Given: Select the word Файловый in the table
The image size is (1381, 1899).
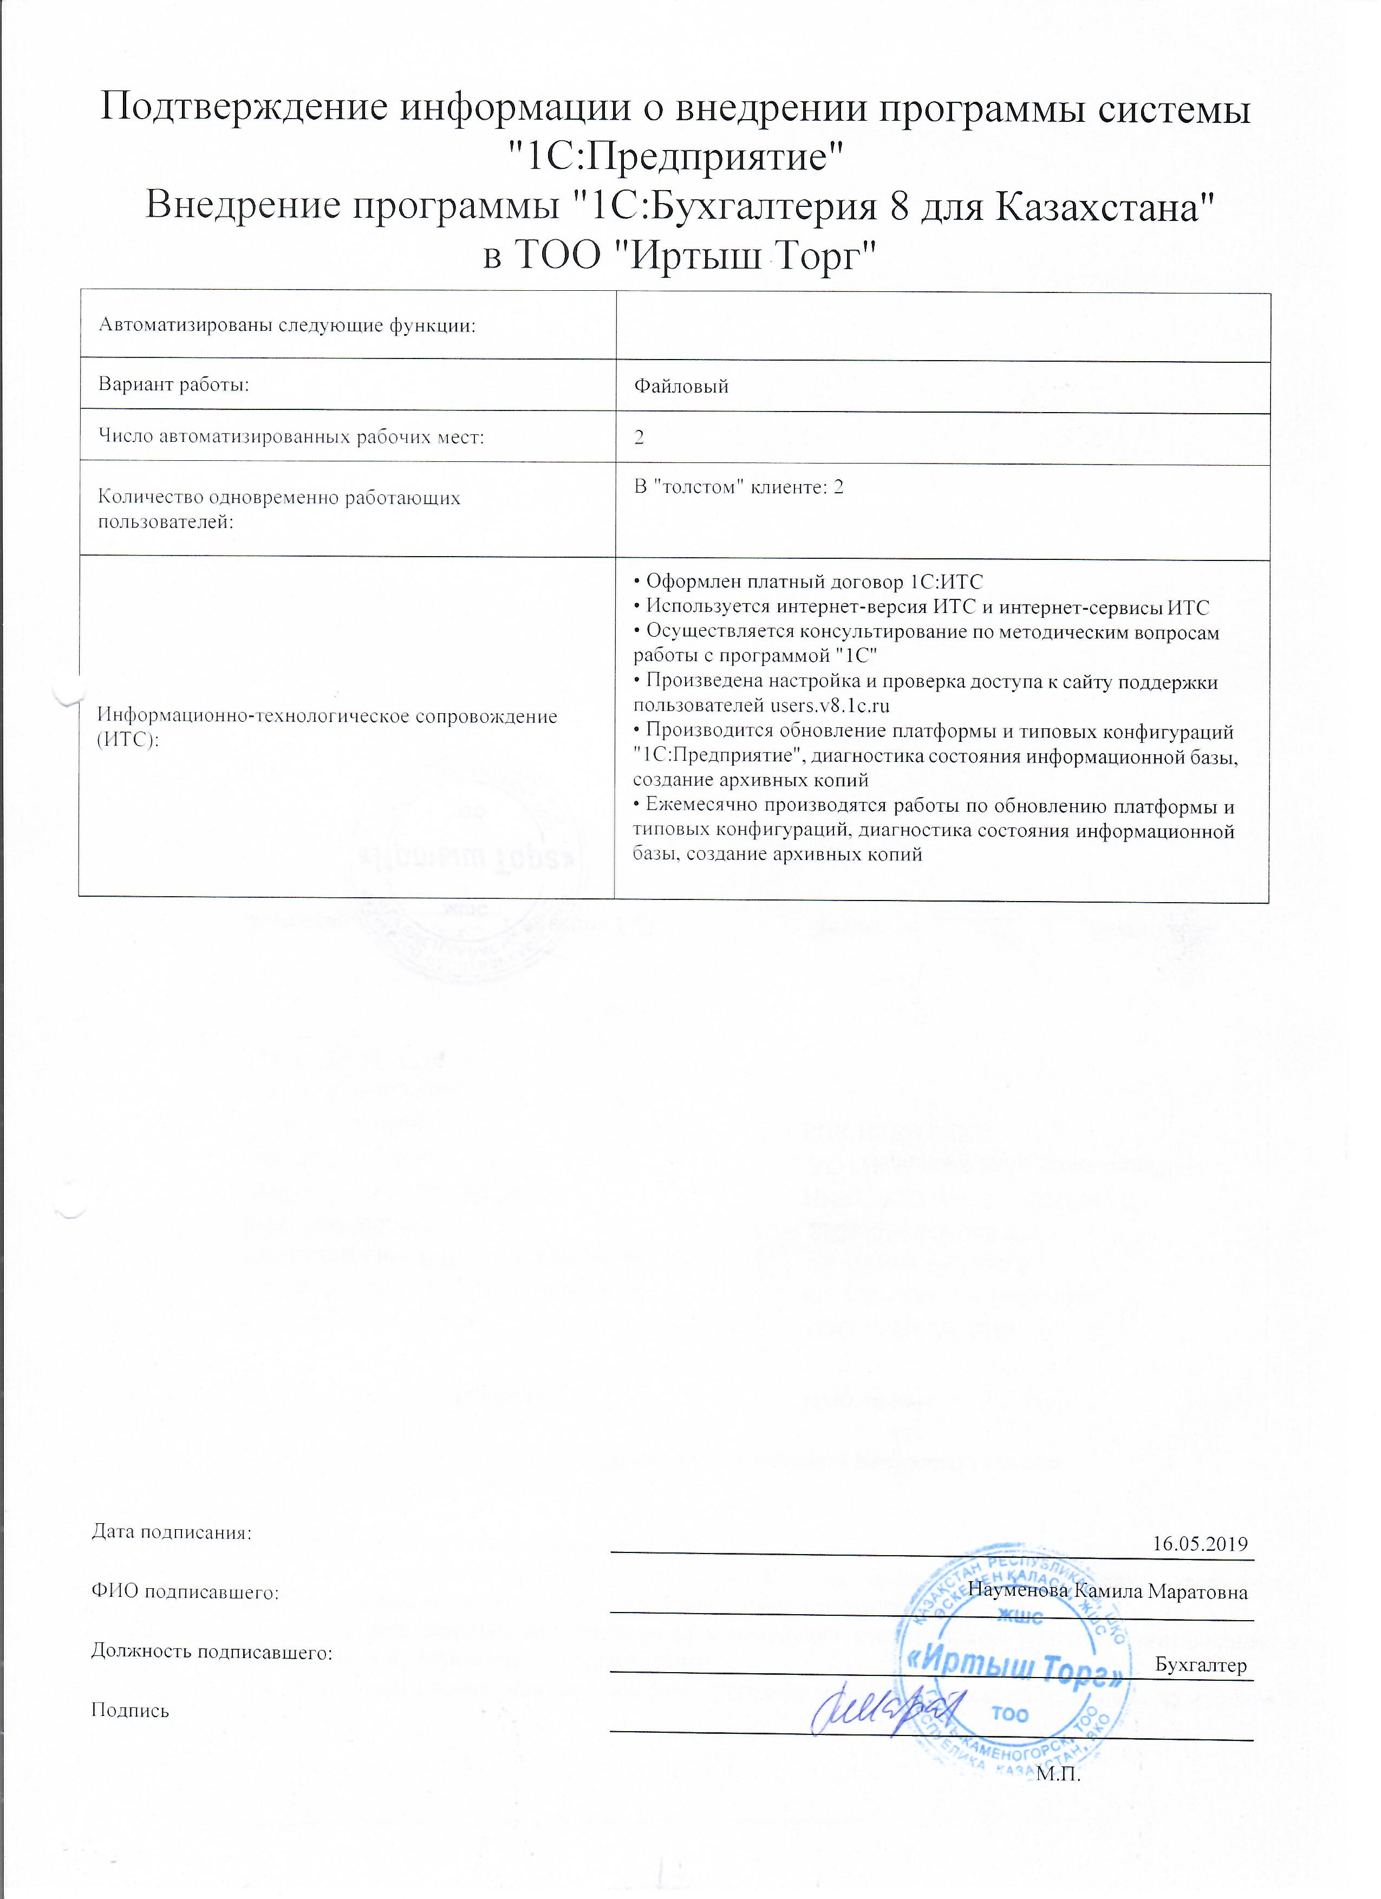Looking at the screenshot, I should pos(681,387).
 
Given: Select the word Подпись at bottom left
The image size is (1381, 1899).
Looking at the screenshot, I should pos(130,1711).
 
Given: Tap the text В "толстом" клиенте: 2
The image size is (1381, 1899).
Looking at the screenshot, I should pos(739,487).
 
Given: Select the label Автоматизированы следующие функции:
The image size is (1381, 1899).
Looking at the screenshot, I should pos(287,326).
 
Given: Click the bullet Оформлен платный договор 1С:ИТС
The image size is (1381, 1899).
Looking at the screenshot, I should pos(807,583).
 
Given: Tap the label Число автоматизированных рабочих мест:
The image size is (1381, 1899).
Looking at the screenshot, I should pos(291,436).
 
